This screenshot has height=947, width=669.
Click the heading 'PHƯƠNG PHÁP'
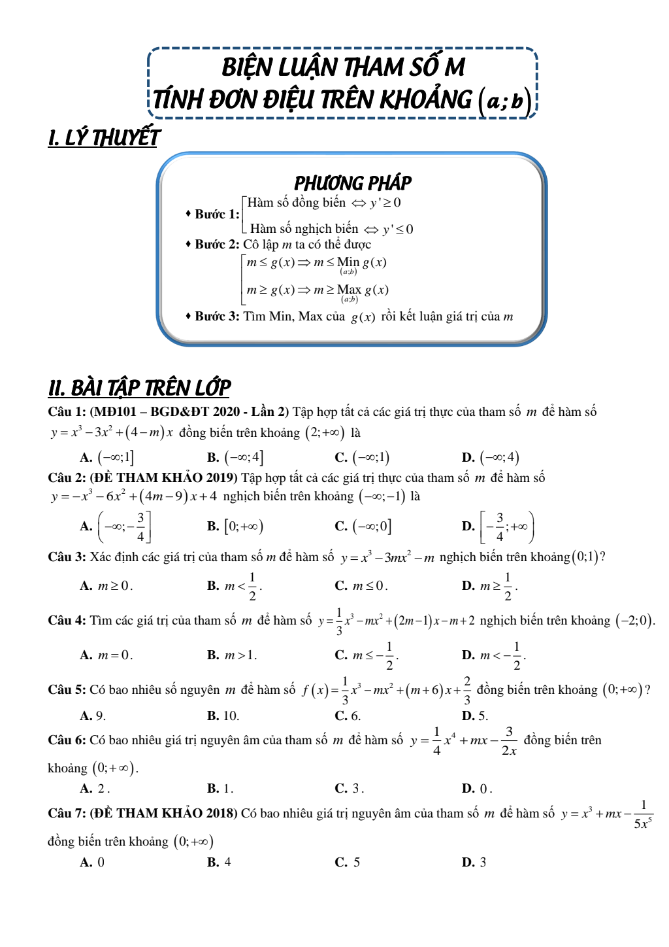(x=353, y=182)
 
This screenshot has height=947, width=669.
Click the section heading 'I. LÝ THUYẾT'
(x=104, y=138)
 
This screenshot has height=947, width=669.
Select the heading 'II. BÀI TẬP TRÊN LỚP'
(x=139, y=388)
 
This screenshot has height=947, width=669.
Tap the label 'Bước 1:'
(x=217, y=215)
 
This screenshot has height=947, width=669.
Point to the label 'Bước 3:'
(x=217, y=317)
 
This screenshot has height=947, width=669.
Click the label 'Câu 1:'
(x=67, y=412)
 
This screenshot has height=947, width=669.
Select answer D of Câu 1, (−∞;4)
(x=491, y=457)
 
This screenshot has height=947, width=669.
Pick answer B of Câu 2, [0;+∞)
(x=235, y=526)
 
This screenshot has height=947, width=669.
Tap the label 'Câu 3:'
(x=67, y=557)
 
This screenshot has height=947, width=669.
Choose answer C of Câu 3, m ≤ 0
(x=362, y=586)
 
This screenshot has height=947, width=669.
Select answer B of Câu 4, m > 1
(x=233, y=655)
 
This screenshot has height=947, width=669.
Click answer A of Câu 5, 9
(x=93, y=716)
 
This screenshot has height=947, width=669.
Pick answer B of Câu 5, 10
(x=223, y=716)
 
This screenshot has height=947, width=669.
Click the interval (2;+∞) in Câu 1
(x=325, y=433)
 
